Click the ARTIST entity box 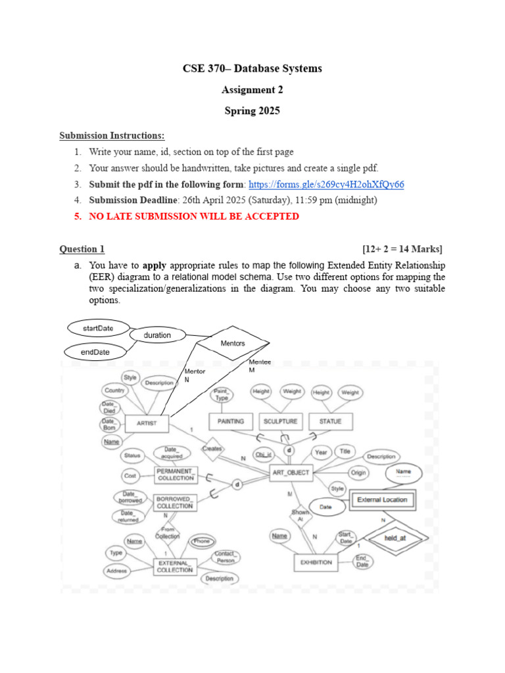[147, 423]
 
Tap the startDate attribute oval [98, 327]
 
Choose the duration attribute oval [157, 335]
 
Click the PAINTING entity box [230, 421]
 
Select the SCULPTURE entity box [280, 421]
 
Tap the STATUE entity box [330, 421]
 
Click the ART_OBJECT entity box [290, 473]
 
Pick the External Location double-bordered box [381, 499]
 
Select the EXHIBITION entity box [316, 563]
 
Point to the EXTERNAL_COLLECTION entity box [175, 566]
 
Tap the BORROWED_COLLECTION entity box [175, 503]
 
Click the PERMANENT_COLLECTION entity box [175, 475]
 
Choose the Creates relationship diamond [212, 449]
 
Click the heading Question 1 [82, 248]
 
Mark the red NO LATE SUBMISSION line [194, 216]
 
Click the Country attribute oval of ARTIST [114, 391]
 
